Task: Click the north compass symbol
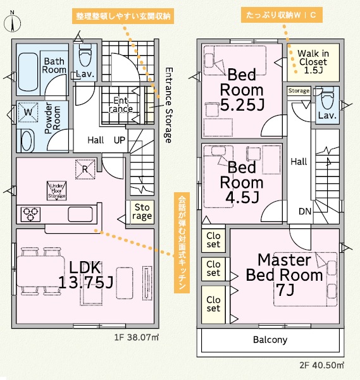point(12,21)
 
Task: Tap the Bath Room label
point(54,65)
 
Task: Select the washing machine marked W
point(28,112)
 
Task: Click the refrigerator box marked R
point(85,169)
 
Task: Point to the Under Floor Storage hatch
point(56,191)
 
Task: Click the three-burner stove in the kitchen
point(30,214)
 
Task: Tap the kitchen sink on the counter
point(80,214)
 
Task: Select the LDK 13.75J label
point(86,275)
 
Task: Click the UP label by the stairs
point(120,140)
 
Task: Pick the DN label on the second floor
point(305,212)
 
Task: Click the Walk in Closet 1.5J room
point(313,63)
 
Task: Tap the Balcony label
point(270,340)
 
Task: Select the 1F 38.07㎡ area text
point(137,337)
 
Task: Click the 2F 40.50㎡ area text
point(321,365)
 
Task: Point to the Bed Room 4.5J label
point(242,182)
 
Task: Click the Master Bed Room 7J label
point(285,275)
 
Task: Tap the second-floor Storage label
point(299,90)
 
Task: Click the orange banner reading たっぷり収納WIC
point(282,15)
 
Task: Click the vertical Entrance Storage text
point(169,105)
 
